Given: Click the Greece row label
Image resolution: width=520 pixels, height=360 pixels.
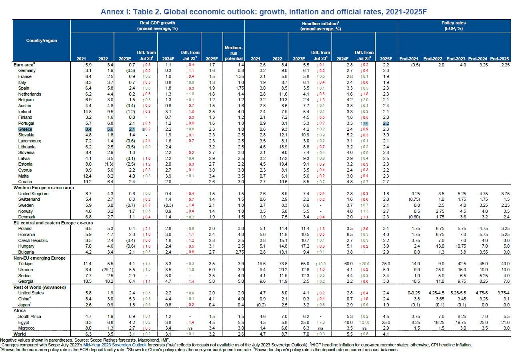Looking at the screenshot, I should coord(25,129).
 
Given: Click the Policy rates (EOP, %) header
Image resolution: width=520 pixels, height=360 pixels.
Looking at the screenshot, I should coord(454,26).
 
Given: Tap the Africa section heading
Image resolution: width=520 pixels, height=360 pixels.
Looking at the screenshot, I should coord(20,310).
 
